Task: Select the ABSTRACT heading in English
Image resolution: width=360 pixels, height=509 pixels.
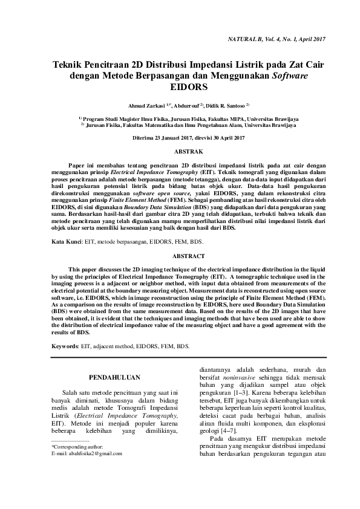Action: [x=180, y=256]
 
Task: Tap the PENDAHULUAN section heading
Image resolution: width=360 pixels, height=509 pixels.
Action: [x=115, y=378]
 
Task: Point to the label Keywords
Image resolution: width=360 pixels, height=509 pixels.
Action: [x=65, y=346]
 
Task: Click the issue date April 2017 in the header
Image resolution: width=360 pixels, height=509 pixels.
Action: [x=311, y=39]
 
